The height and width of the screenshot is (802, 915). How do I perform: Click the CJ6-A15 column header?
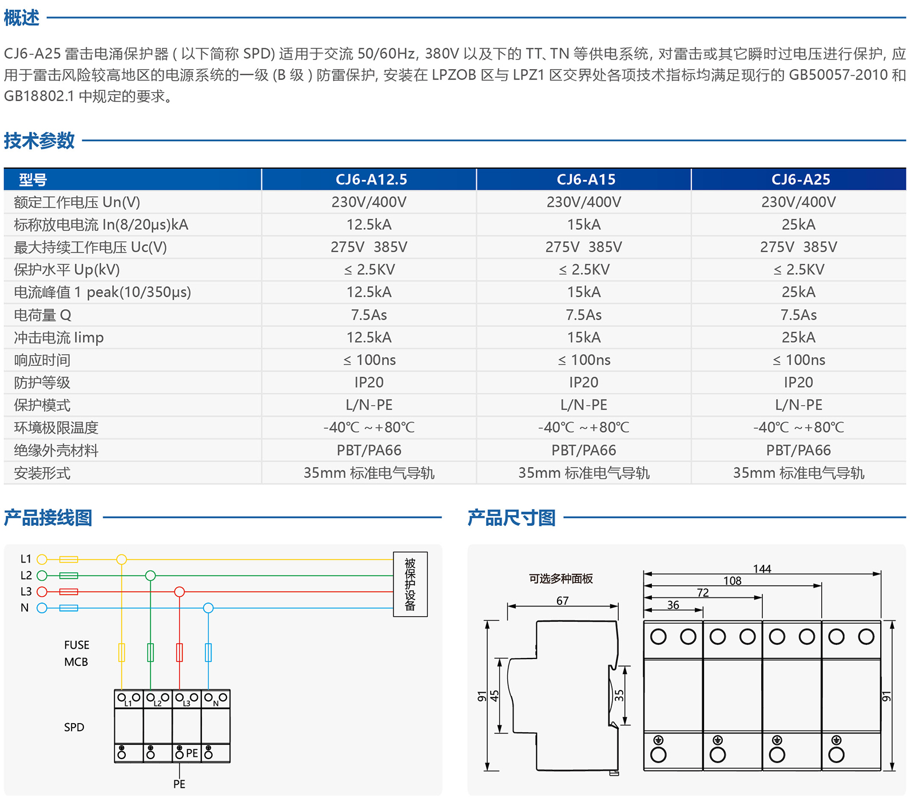586,179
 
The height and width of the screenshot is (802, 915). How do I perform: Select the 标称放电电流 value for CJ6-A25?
798,225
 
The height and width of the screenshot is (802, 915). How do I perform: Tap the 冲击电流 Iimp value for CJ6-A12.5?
369,337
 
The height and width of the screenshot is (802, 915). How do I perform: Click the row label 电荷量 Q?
42,315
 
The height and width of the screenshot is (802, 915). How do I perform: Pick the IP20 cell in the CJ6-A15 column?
583,382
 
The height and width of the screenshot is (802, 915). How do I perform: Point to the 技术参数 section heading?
39,141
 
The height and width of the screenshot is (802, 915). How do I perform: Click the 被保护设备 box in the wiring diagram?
410,584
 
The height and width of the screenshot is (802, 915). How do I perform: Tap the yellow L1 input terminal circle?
42,559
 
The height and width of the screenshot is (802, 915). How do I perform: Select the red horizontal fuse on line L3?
69,592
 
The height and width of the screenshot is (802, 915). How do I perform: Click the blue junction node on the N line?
208,608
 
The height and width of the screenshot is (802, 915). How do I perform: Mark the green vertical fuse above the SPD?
150,652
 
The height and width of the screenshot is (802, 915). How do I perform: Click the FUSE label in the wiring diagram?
77,645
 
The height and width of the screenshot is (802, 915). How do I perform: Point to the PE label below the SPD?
179,784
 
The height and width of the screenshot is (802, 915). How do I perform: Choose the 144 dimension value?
762,569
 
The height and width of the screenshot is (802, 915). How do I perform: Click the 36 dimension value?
673,605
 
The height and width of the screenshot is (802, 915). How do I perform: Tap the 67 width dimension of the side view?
562,601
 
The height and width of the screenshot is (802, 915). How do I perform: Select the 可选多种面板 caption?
560,578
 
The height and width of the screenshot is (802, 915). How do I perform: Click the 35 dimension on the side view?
619,695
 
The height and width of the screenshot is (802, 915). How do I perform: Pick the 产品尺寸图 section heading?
511,518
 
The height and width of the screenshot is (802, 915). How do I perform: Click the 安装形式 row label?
42,473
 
